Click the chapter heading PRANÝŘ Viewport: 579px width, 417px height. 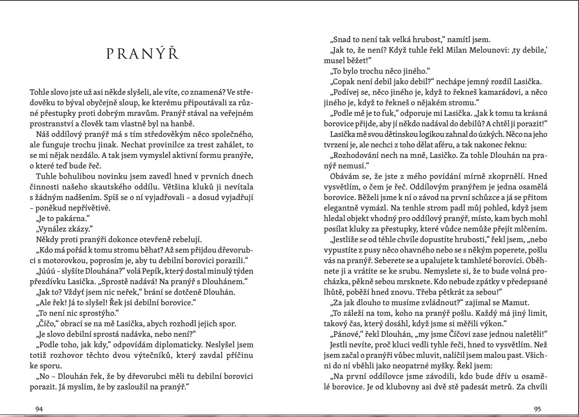143,53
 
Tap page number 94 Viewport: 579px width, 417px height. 39,409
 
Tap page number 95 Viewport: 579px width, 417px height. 538,409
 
